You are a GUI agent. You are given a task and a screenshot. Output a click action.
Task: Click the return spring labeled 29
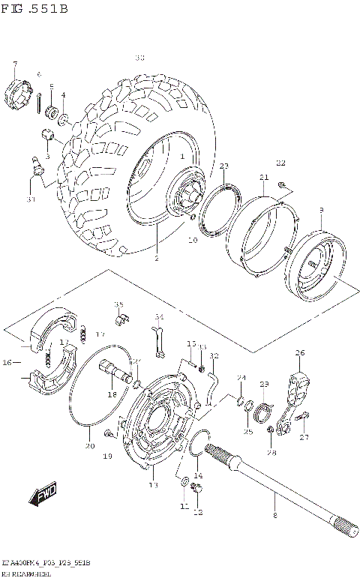tap(262, 412)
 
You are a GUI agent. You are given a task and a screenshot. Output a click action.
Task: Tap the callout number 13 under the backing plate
tap(153, 485)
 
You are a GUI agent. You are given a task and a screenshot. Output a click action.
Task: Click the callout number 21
tap(263, 177)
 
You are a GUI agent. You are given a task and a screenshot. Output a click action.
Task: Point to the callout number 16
tap(7, 362)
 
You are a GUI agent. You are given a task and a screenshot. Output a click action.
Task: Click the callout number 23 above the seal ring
tap(223, 166)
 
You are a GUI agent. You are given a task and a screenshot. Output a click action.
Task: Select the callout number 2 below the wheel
tap(156, 259)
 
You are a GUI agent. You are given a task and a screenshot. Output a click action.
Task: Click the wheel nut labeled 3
tap(48, 137)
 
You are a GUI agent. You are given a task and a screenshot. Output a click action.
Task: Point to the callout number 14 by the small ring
tap(198, 476)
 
